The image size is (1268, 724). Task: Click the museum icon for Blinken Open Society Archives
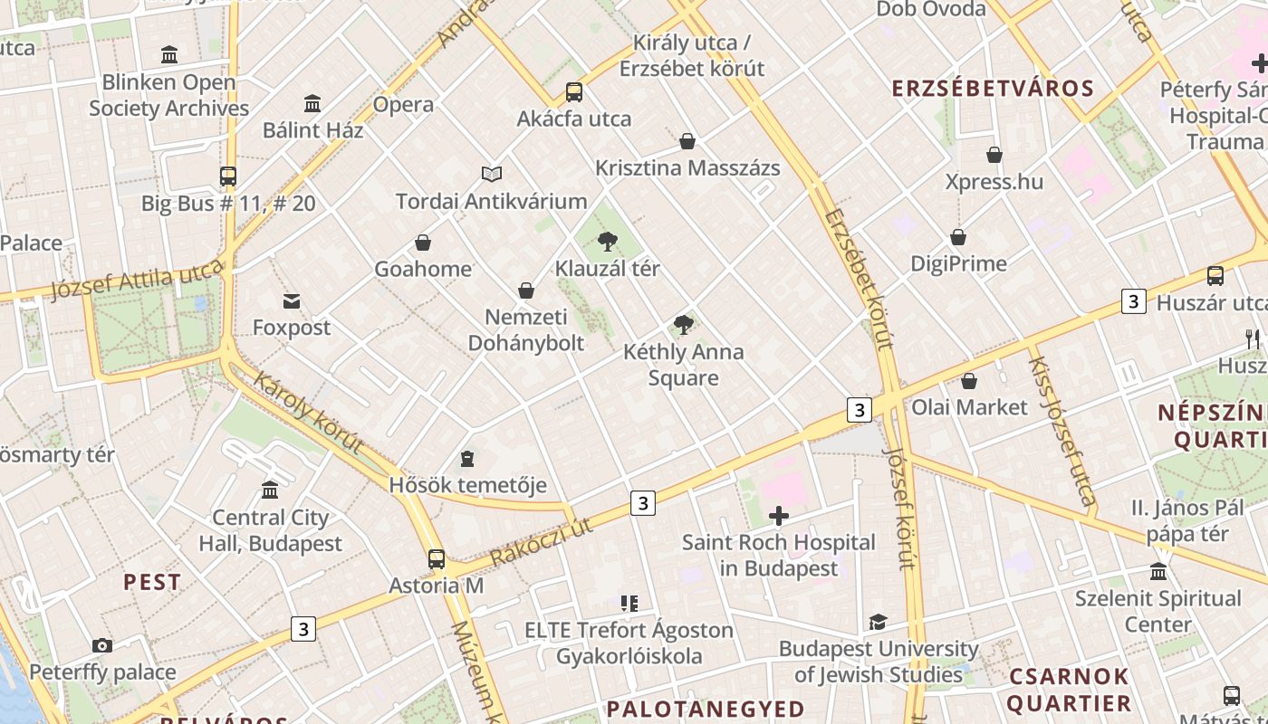click(x=169, y=55)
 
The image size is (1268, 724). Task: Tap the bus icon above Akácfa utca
click(x=574, y=91)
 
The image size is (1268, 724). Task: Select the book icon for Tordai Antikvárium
click(x=492, y=174)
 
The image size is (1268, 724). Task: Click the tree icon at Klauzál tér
click(x=608, y=242)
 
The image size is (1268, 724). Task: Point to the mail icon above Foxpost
click(x=292, y=301)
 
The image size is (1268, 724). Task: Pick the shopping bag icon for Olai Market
click(x=969, y=381)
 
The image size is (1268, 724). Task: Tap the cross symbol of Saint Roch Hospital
click(x=779, y=516)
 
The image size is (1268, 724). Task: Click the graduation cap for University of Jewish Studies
click(x=878, y=623)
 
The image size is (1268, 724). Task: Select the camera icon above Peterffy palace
click(x=102, y=645)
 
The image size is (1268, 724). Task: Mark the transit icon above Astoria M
click(x=437, y=559)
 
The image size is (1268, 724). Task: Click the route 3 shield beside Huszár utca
click(x=1134, y=301)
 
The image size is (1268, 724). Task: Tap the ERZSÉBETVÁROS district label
click(x=993, y=89)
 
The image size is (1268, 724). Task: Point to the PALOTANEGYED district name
click(x=706, y=709)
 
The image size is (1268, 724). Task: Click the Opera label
click(x=403, y=104)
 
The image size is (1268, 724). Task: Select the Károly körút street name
click(x=309, y=413)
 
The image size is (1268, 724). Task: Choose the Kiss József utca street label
click(x=1061, y=430)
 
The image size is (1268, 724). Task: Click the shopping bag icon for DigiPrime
click(x=958, y=237)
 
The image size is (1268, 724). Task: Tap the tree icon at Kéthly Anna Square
click(x=684, y=325)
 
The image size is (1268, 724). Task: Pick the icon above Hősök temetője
click(x=467, y=459)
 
